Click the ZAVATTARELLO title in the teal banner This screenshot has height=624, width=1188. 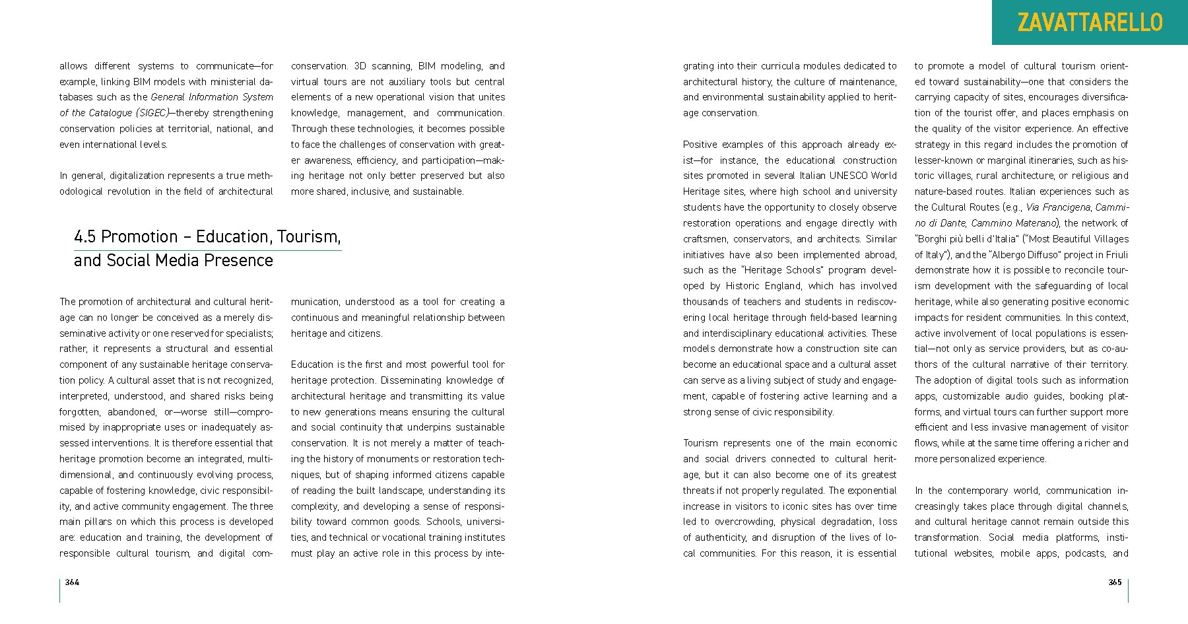click(x=1090, y=22)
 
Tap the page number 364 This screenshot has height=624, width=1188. click(x=72, y=582)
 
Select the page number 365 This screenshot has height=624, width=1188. click(x=1115, y=582)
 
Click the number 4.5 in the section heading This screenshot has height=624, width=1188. click(x=85, y=236)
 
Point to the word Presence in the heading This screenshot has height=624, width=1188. click(x=240, y=260)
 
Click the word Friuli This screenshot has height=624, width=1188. click(x=1116, y=255)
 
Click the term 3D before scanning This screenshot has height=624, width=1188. click(x=360, y=66)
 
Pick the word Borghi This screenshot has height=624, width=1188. click(x=933, y=239)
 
